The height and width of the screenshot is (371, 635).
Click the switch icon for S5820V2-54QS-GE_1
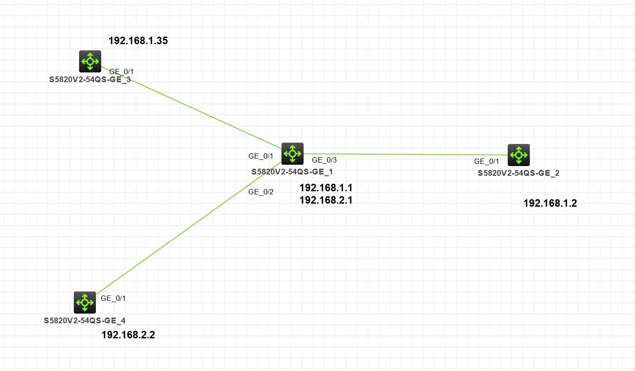pos(293,154)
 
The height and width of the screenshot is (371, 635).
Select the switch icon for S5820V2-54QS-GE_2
pos(518,155)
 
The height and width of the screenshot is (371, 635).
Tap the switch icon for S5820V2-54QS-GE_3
pos(90,61)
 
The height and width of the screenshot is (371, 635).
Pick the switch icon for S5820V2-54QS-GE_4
pos(85,303)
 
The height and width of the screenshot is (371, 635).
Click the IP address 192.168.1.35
pos(138,41)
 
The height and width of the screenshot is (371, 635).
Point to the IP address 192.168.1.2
pos(550,203)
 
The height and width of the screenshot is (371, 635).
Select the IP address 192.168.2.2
pos(128,335)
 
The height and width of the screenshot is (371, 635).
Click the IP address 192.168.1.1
pos(326,188)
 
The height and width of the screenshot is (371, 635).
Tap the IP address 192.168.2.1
pos(326,200)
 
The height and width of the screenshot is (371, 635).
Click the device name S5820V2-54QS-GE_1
pos(293,172)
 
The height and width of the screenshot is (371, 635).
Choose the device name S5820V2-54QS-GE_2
pos(518,173)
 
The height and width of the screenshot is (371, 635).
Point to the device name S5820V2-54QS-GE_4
pos(84,321)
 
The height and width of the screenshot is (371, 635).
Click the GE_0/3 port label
pos(324,160)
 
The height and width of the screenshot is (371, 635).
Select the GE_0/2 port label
pos(261,192)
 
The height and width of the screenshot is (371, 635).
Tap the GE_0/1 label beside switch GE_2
pos(487,161)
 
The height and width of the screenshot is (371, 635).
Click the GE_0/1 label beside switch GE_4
pos(114,298)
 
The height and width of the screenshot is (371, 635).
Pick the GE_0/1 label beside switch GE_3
pos(121,72)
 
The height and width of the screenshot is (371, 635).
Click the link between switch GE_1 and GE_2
pos(407,155)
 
